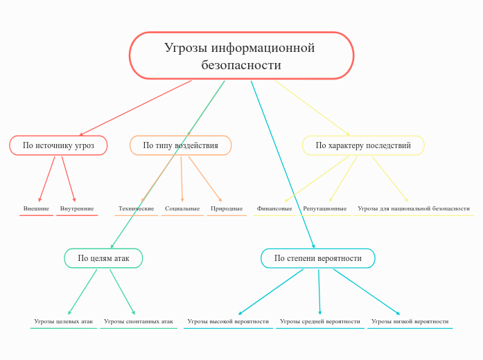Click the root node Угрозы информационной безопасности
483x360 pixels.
click(x=241, y=56)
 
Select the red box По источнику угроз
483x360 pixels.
click(x=58, y=145)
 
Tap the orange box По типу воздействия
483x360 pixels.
click(x=180, y=145)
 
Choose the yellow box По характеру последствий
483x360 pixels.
click(x=363, y=145)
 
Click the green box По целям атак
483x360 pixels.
click(x=103, y=258)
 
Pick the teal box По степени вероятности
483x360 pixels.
click(x=318, y=258)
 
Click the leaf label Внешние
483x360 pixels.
click(x=36, y=208)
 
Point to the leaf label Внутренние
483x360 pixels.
click(x=77, y=208)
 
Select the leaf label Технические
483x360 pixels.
click(x=137, y=208)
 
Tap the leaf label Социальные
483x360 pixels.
click(x=182, y=208)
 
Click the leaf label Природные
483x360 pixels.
click(x=227, y=208)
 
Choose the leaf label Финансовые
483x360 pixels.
click(x=274, y=208)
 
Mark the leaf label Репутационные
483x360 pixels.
click(x=325, y=208)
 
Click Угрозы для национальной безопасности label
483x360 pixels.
click(x=414, y=208)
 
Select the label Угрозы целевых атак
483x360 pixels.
click(x=63, y=321)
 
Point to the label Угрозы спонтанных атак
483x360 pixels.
click(x=139, y=321)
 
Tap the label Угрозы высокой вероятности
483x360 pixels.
click(x=228, y=321)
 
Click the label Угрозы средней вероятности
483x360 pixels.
click(x=320, y=321)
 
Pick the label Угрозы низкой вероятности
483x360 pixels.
click(x=410, y=321)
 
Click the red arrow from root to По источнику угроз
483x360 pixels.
click(x=136, y=107)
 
